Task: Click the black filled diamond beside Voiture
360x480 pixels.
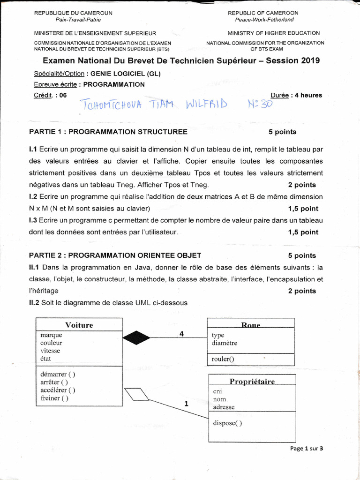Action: point(136,337)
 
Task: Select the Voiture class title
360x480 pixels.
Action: point(79,325)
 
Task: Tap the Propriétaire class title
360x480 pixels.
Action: point(252,381)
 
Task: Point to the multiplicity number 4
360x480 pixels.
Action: point(181,334)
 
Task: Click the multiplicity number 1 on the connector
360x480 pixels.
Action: point(186,403)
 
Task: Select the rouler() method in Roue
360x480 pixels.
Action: point(223,359)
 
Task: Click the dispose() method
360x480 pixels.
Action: point(227,423)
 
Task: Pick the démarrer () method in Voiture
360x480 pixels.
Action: point(58,374)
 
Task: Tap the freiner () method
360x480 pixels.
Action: point(54,398)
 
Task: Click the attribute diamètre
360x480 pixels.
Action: point(225,343)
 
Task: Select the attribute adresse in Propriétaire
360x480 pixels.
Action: point(224,407)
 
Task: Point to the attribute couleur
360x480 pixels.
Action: point(51,343)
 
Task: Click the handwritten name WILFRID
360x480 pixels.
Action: point(206,103)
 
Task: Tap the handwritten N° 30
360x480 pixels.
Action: point(259,103)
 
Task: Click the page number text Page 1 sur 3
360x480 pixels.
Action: point(307,448)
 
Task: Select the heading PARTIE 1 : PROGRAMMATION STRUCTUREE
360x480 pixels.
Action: point(108,132)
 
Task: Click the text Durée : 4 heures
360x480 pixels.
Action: point(296,95)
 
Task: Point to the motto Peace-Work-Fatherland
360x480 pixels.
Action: point(264,20)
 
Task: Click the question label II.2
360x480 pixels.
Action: point(34,303)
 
